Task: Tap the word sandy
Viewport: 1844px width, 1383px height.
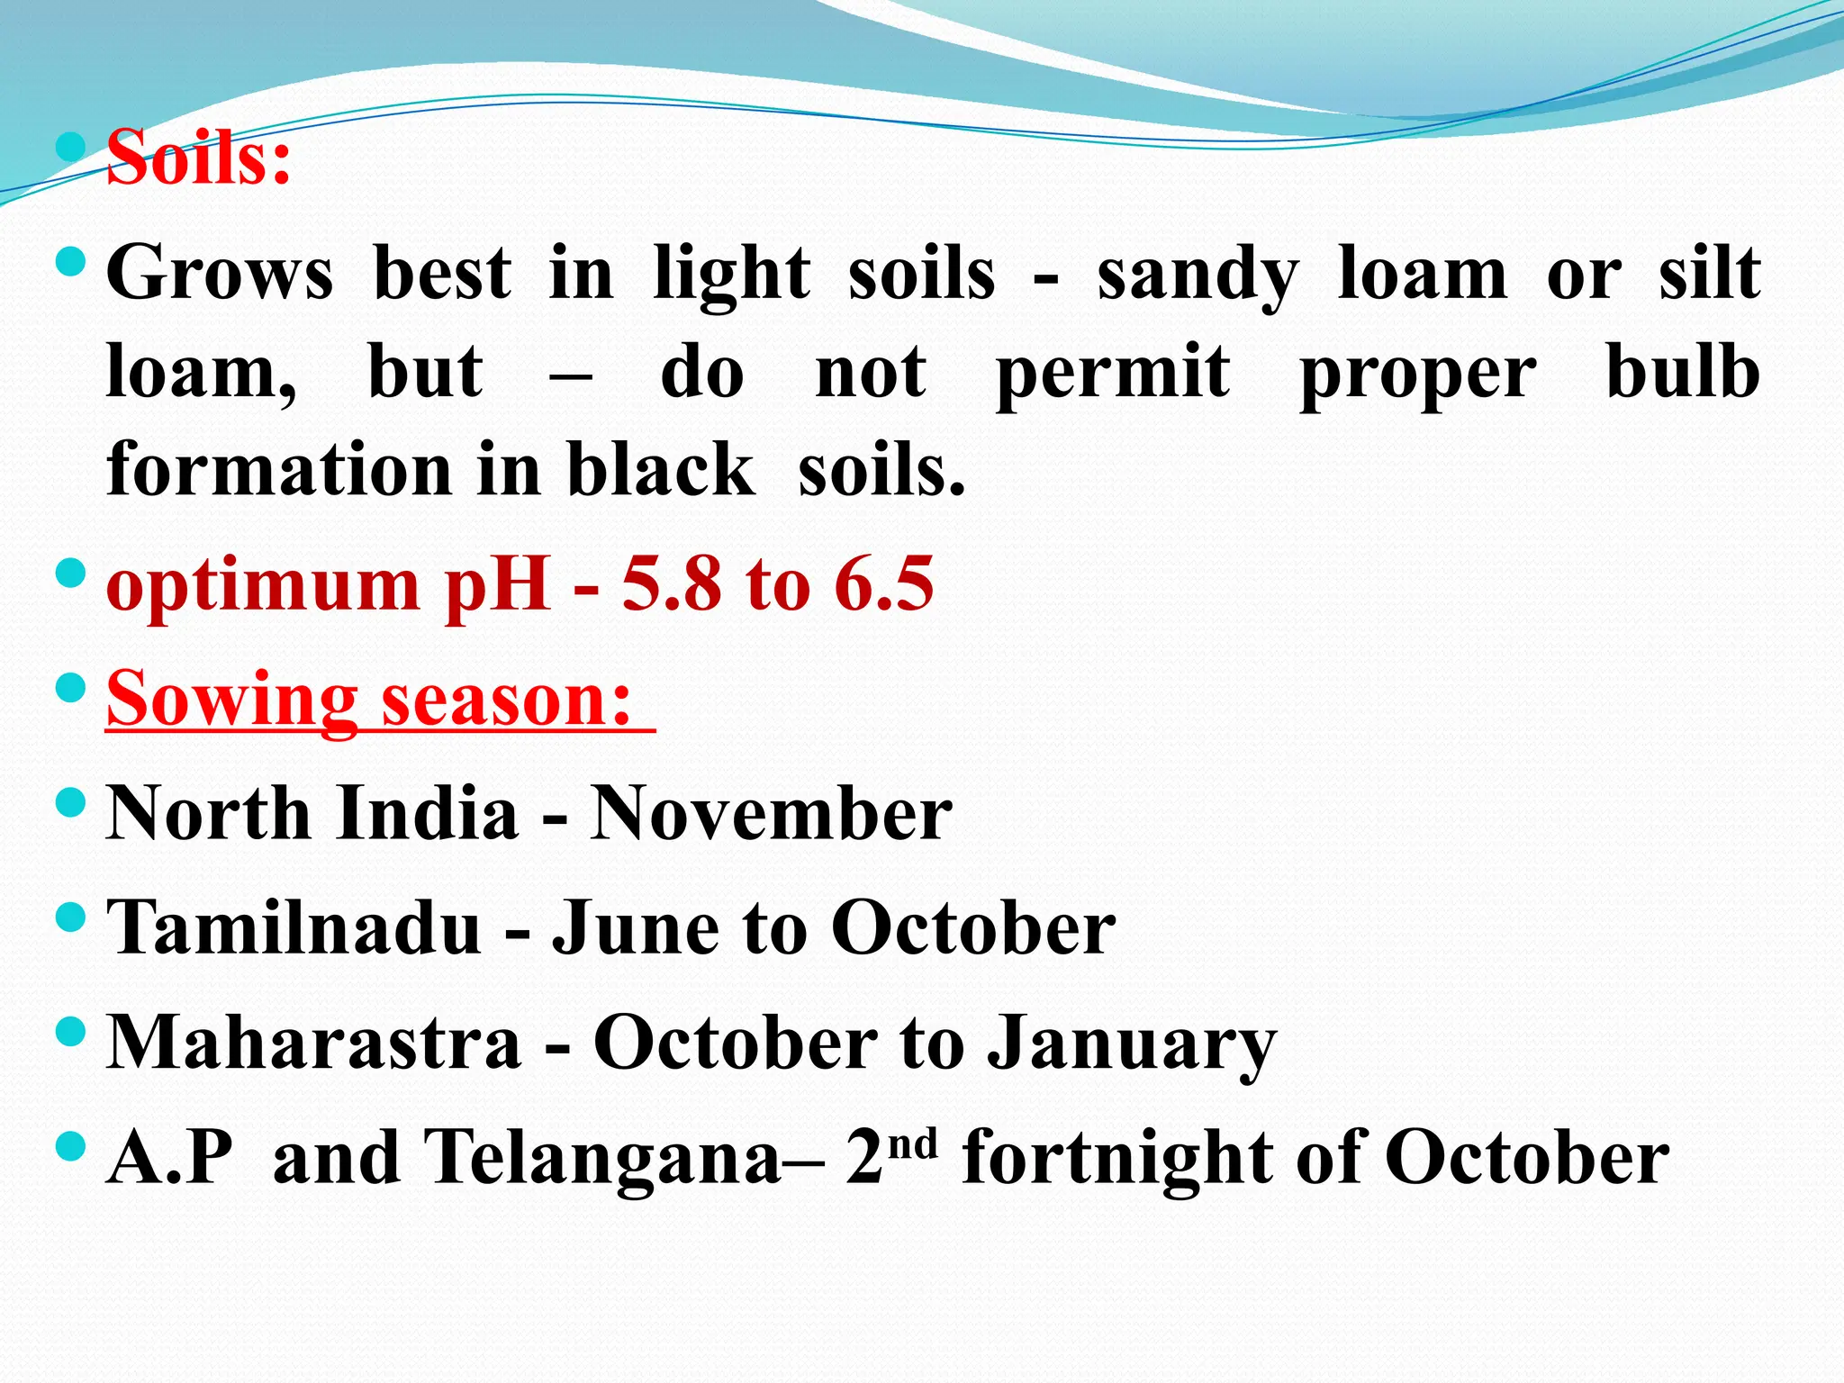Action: tap(1198, 275)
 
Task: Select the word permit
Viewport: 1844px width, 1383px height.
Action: tap(1113, 373)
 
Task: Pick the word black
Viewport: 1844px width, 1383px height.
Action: tap(661, 469)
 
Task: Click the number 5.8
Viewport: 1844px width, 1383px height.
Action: tap(672, 584)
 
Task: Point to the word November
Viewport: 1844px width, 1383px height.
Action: tap(771, 813)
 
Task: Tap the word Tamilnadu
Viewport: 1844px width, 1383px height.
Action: tap(294, 927)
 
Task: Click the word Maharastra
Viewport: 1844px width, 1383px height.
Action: tap(313, 1043)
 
